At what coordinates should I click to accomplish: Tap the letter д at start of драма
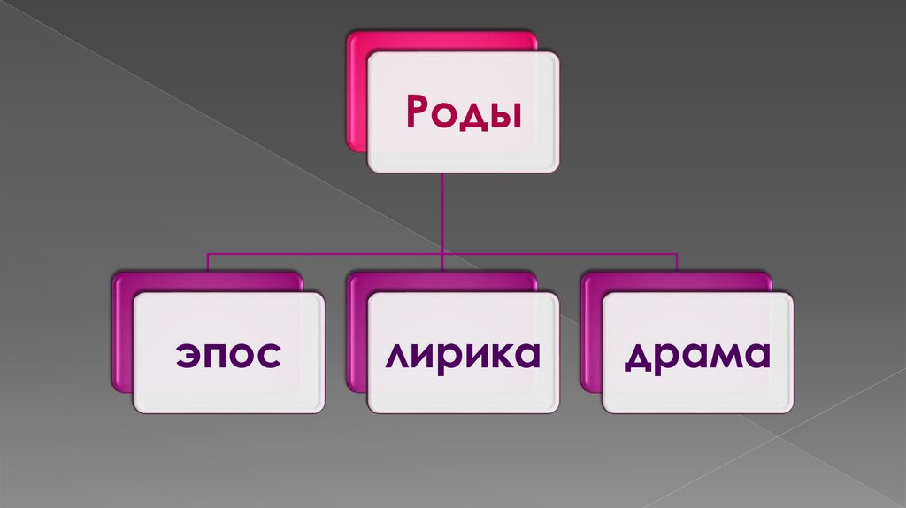coord(635,356)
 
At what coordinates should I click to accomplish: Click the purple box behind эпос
coord(122,336)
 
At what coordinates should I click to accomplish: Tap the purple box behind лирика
coord(357,336)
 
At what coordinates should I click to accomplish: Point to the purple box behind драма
coord(591,336)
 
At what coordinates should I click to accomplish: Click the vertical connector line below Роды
coord(442,212)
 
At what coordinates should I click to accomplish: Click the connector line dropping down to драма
coord(677,262)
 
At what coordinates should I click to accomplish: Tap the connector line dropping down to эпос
coord(208,262)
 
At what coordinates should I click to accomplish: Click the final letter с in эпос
coord(269,356)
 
